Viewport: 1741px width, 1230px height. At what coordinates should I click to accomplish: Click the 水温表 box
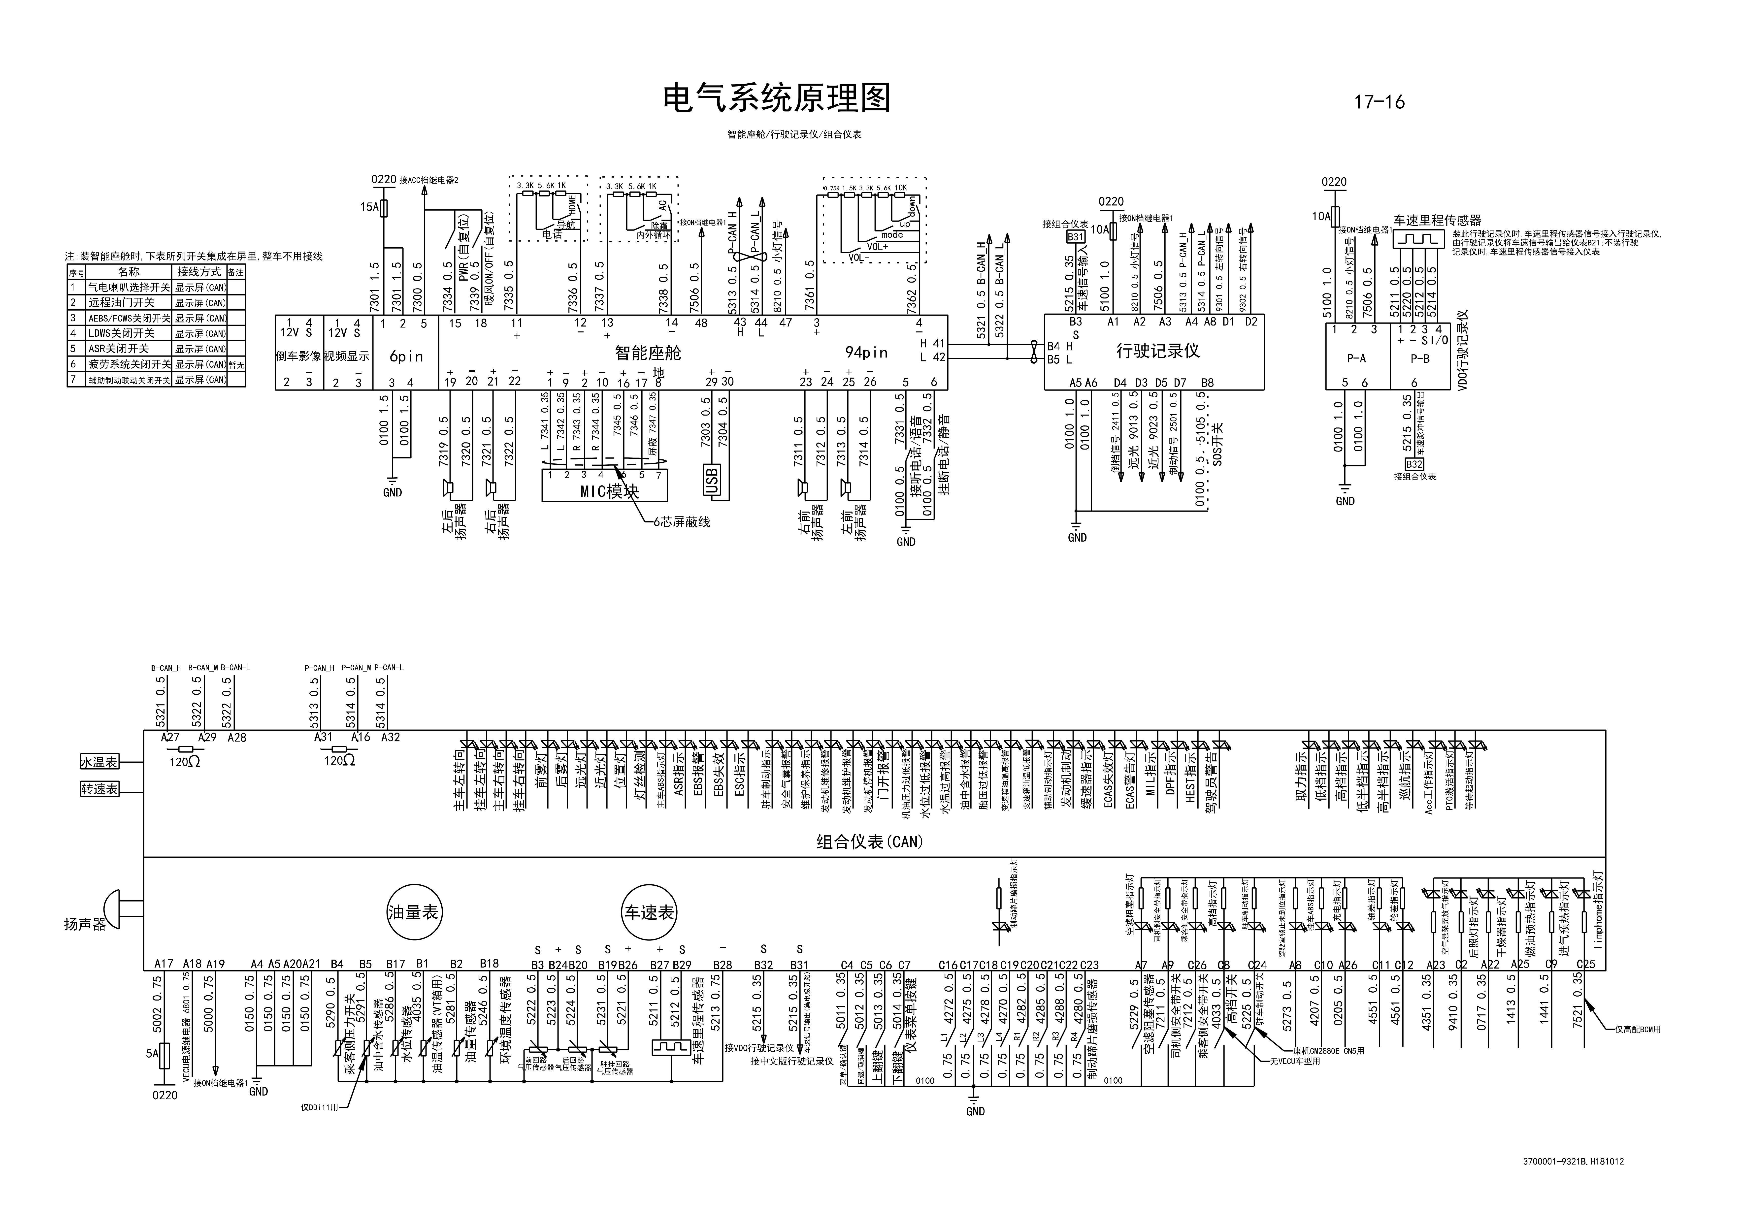coord(99,762)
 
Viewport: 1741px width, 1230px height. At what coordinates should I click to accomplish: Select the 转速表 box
coord(99,789)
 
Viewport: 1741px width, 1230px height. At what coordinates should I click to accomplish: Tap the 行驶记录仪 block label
coord(1158,351)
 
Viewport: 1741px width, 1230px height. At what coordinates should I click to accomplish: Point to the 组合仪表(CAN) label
coord(870,842)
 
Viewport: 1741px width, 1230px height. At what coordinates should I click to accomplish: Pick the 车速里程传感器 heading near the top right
coord(1437,220)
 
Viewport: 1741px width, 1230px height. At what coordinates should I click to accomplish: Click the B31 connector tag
coord(1075,237)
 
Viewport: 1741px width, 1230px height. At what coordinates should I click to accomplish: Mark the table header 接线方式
coord(199,271)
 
